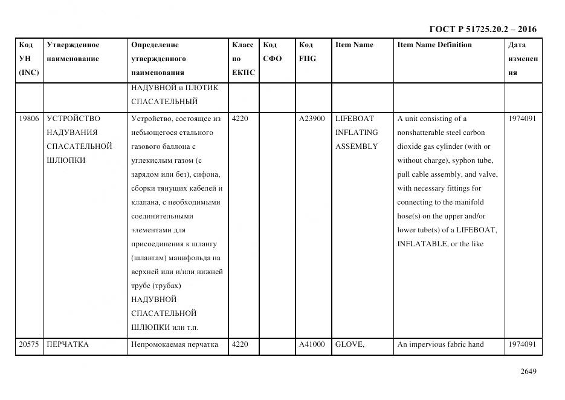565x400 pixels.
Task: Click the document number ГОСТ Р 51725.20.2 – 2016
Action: (x=482, y=29)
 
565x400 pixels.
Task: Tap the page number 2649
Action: (x=528, y=372)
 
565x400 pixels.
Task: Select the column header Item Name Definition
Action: (x=434, y=45)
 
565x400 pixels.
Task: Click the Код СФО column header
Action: (x=272, y=52)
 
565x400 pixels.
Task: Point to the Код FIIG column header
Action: (x=307, y=52)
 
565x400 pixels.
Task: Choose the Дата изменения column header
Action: (x=523, y=59)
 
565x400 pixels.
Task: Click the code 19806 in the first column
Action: (x=28, y=119)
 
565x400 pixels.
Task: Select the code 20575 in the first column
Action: (x=28, y=345)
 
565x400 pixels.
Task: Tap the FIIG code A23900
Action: (x=312, y=119)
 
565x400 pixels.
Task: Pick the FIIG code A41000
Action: (x=312, y=345)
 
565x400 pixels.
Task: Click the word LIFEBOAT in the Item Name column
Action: (x=355, y=119)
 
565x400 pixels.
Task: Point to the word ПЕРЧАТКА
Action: (x=68, y=345)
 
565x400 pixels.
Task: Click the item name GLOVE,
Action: (x=350, y=345)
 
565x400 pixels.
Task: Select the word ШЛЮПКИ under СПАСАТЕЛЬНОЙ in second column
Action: (x=66, y=160)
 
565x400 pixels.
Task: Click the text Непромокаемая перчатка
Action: (x=174, y=345)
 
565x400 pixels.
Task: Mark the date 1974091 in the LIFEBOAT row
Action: (x=522, y=119)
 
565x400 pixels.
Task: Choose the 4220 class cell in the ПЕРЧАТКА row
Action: (x=240, y=345)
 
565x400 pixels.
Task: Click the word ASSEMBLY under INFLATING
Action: (x=357, y=146)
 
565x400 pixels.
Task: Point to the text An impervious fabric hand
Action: (x=441, y=345)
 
